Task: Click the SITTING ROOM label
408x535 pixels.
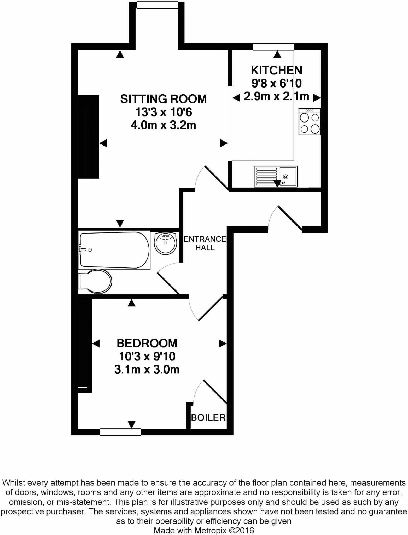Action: pyautogui.click(x=163, y=99)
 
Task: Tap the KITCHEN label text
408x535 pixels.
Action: pyautogui.click(x=276, y=71)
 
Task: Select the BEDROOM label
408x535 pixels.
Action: pyautogui.click(x=147, y=343)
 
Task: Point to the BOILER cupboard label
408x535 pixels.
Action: pyautogui.click(x=208, y=417)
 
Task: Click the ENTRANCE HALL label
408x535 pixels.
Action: pyautogui.click(x=205, y=243)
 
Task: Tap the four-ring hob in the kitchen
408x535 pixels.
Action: pyautogui.click(x=310, y=122)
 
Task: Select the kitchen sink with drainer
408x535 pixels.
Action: pyautogui.click(x=276, y=177)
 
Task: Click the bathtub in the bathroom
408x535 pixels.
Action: pyautogui.click(x=114, y=250)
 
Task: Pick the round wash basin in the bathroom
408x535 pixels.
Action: pyautogui.click(x=166, y=243)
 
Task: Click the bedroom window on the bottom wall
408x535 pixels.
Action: pyautogui.click(x=120, y=432)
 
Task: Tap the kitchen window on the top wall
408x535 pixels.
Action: pyautogui.click(x=273, y=47)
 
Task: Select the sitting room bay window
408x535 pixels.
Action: pyautogui.click(x=157, y=5)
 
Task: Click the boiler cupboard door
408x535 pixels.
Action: pyautogui.click(x=214, y=392)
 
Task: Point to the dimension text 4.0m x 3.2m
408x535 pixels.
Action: pyautogui.click(x=163, y=125)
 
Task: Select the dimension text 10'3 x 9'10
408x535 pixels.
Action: pyautogui.click(x=147, y=356)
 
